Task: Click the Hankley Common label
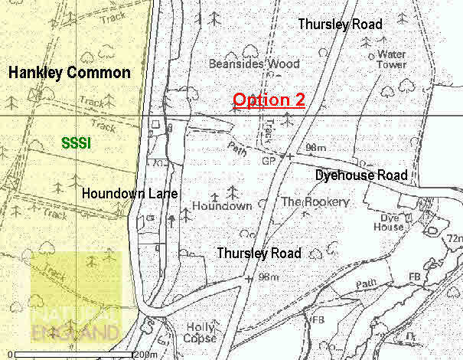(x=69, y=73)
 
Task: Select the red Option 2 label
(x=269, y=100)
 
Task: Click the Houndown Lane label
(x=130, y=194)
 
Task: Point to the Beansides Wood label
(x=243, y=64)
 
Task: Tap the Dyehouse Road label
(x=361, y=175)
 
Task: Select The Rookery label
(x=315, y=202)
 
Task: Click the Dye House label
(x=388, y=221)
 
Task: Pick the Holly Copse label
(x=201, y=332)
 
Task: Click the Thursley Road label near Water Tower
(x=340, y=25)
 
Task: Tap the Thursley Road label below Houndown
(x=259, y=253)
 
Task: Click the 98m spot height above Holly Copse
(x=268, y=277)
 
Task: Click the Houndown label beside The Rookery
(x=222, y=206)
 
